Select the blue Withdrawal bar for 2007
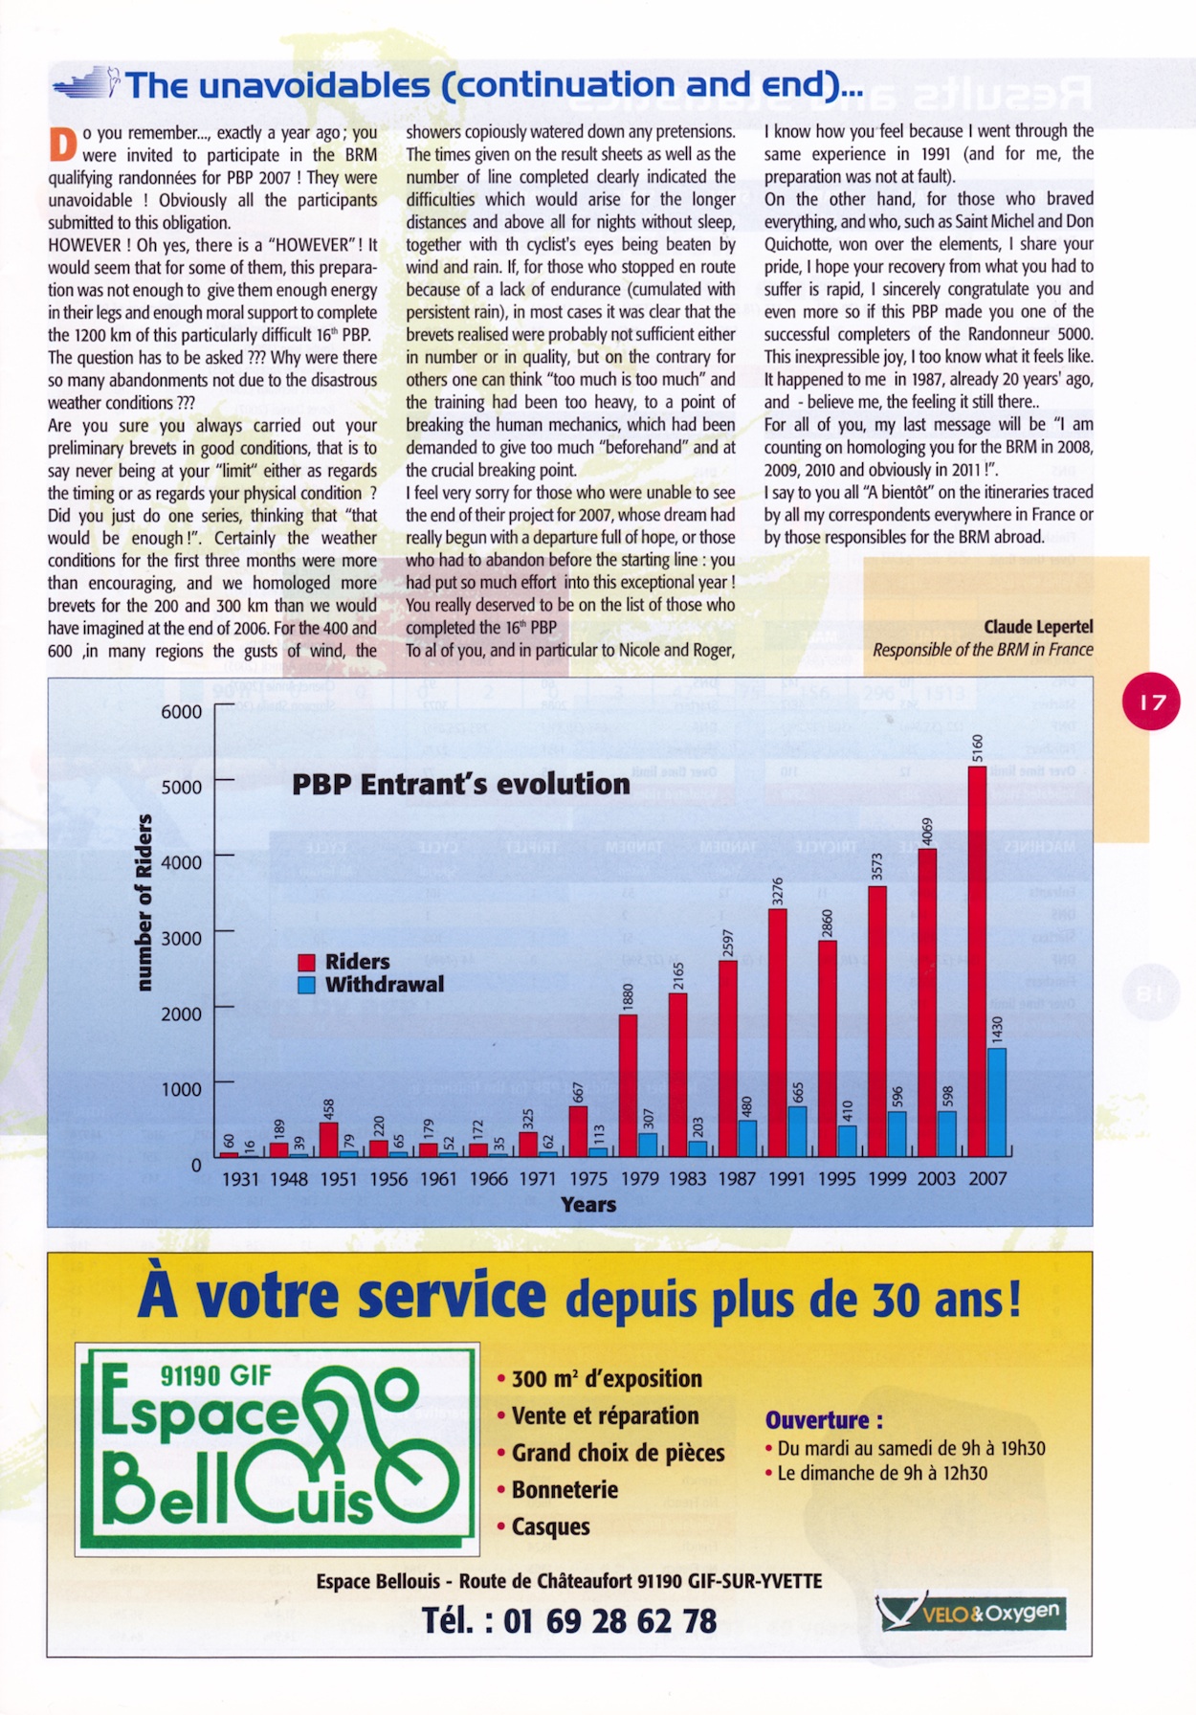[x=997, y=1102]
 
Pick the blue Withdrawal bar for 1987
[x=747, y=1138]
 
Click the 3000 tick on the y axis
[x=181, y=938]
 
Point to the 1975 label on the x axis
[x=588, y=1179]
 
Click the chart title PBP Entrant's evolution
[x=460, y=785]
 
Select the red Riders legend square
[x=307, y=963]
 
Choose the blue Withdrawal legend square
[x=307, y=985]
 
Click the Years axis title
[x=587, y=1205]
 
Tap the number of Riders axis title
[x=144, y=902]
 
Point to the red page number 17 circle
[x=1151, y=702]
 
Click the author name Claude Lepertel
[x=1038, y=627]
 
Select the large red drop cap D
[x=62, y=145]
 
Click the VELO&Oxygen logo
[x=970, y=1613]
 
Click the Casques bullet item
[x=550, y=1526]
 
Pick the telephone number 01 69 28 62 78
[x=609, y=1620]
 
